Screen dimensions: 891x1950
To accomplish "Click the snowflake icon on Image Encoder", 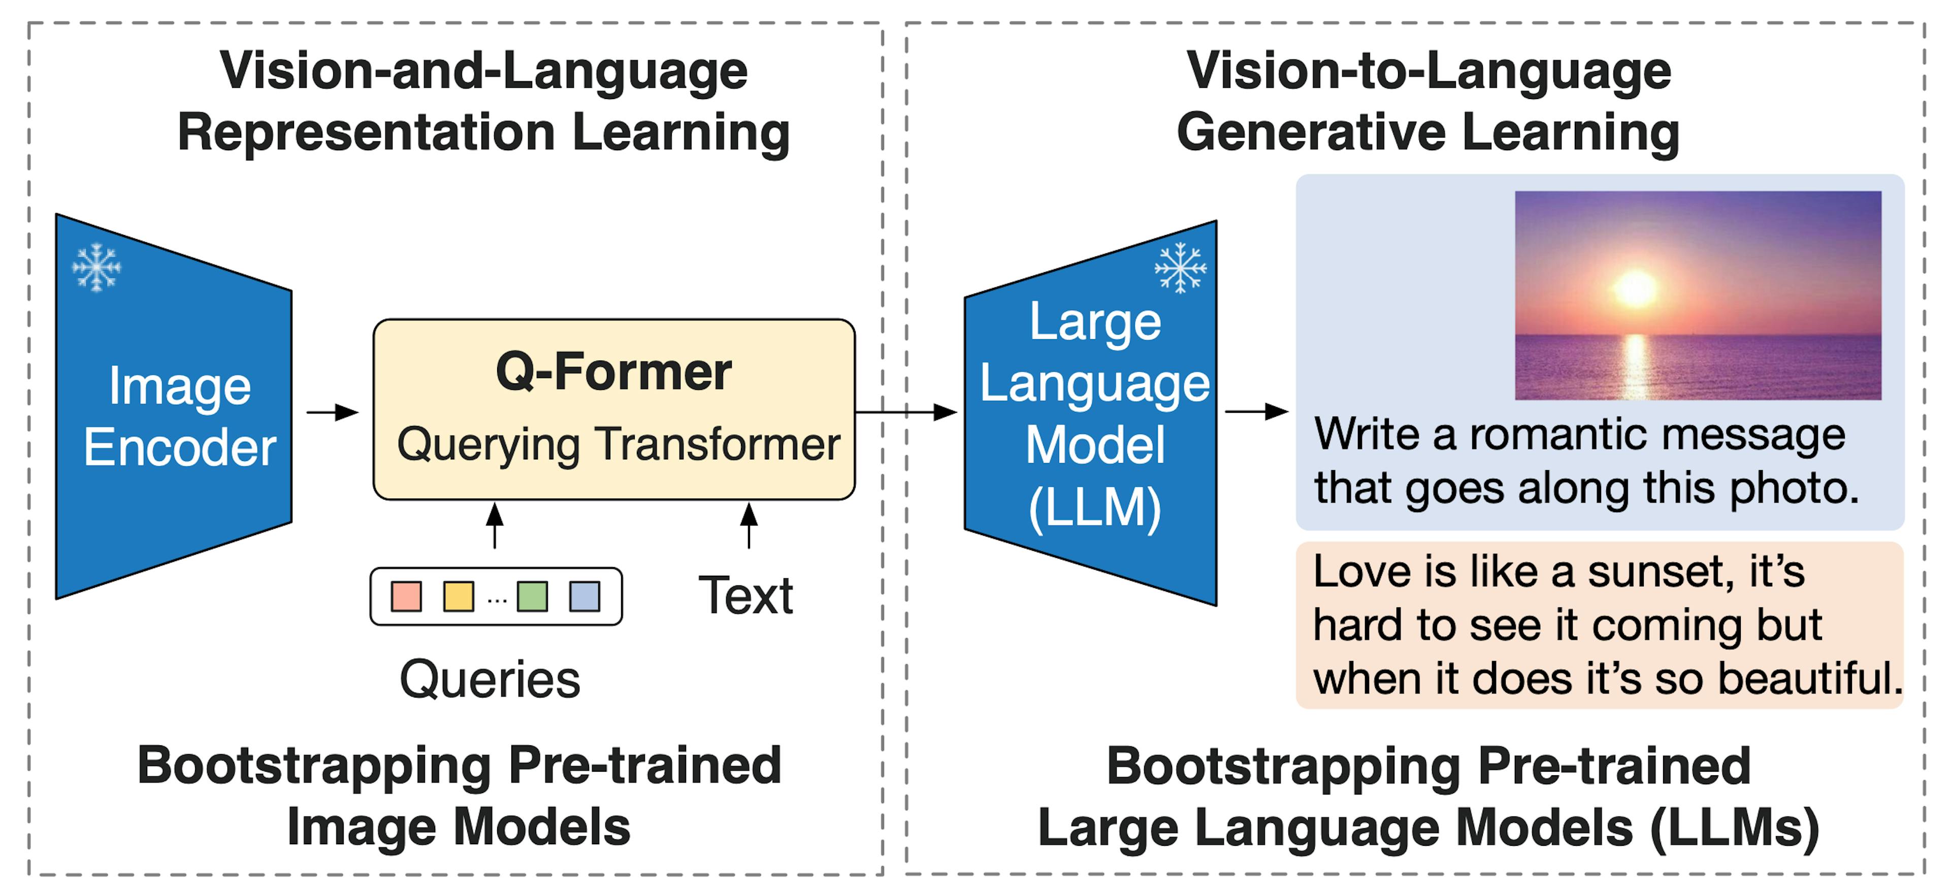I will pos(96,267).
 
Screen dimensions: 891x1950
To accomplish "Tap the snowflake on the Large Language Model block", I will pos(1180,267).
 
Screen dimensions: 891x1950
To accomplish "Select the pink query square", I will pos(406,597).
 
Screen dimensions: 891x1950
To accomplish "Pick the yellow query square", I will pos(458,597).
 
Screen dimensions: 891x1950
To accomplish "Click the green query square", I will pos(532,597).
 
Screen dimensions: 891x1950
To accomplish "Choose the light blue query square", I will pos(584,597).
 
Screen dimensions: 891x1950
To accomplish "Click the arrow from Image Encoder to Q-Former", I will pos(333,413).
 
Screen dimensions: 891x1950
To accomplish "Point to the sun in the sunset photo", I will pos(1635,288).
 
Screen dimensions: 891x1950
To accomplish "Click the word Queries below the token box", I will pos(490,679).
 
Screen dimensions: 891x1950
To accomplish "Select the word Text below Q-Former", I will pos(745,595).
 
